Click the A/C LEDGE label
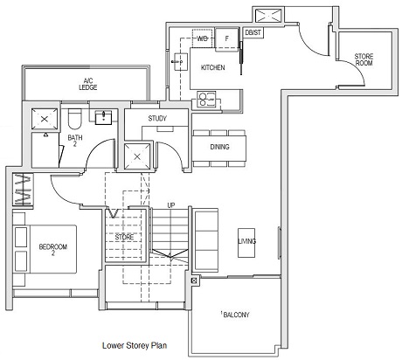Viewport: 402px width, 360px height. (87, 83)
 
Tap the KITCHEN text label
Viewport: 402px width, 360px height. (212, 67)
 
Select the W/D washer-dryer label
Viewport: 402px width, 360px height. (203, 39)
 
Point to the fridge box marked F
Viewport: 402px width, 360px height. (227, 39)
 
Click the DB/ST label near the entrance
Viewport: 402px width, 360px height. (253, 33)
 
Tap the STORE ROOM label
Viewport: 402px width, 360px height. (364, 60)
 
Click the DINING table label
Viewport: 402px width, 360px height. (219, 146)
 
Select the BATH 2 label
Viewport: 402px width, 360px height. (75, 141)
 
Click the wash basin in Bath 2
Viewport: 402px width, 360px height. (104, 116)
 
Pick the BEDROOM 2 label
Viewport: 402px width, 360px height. (47, 251)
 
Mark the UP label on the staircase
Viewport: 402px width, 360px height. (171, 205)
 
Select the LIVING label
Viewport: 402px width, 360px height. (247, 241)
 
